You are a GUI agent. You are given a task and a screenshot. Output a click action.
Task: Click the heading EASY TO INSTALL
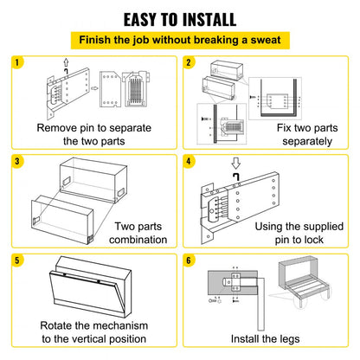(x=179, y=18)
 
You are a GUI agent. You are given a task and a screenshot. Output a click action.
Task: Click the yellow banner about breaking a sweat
(x=179, y=40)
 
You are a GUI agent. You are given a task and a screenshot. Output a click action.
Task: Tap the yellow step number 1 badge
(x=18, y=62)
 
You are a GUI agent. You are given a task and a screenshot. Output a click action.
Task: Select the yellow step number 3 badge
(x=18, y=161)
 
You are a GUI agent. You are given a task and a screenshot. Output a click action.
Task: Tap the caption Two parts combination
(x=138, y=233)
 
